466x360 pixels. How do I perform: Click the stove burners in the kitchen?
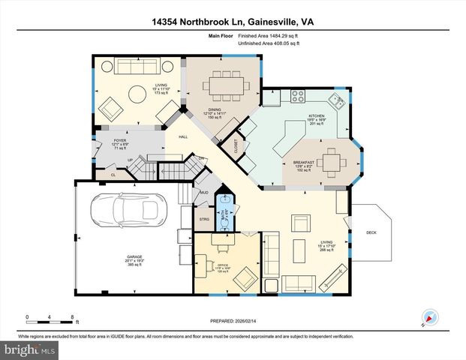296,97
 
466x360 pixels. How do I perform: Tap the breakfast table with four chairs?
330,160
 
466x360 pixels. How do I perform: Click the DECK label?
370,232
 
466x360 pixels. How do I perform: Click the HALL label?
182,136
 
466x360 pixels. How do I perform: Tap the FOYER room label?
119,142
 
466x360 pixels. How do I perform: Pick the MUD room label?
203,193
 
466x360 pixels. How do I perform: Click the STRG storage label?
203,219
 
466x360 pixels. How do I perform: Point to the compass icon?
429,316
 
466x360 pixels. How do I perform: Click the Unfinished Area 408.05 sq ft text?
269,44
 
